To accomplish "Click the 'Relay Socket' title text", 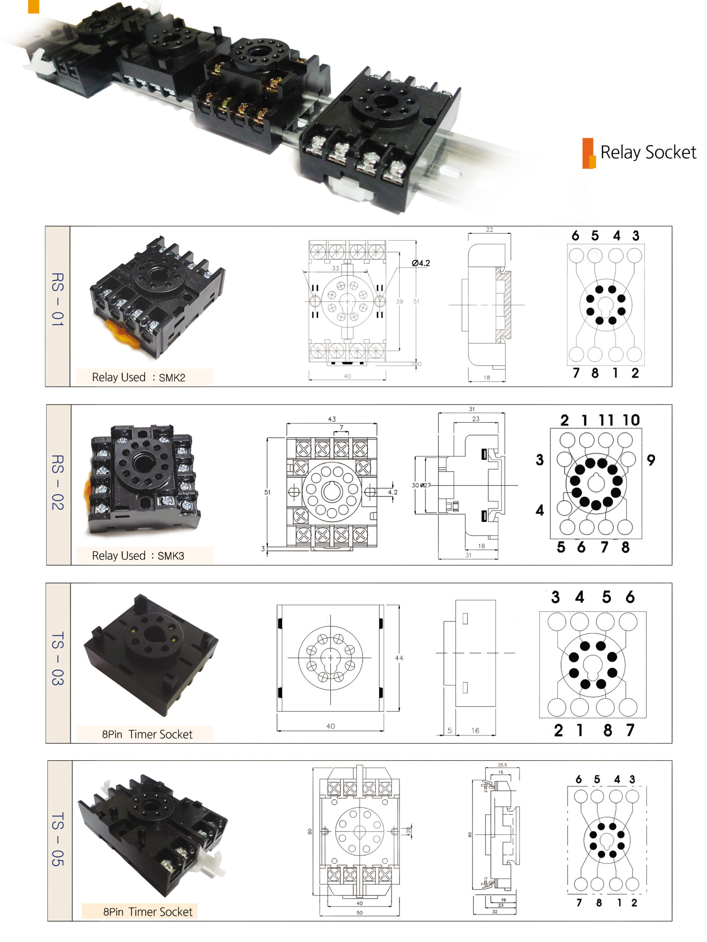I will (x=647, y=152).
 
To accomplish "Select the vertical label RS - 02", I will (x=57, y=482).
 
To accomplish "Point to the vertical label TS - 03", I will (x=57, y=658).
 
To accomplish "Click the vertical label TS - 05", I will (x=57, y=839).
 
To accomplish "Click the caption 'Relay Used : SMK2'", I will (x=138, y=377).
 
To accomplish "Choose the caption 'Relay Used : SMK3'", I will (x=138, y=555).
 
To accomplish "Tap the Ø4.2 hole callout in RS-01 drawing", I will (x=421, y=263).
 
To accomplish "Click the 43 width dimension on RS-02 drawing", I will (x=331, y=419).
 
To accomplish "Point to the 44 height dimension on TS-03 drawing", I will (x=399, y=658).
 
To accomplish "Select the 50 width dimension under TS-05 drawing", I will (x=359, y=913).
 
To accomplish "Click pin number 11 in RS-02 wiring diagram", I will (x=606, y=420).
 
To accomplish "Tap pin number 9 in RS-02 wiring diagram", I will (x=650, y=460).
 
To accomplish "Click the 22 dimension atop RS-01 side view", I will (x=489, y=230).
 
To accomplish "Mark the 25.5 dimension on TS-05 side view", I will (x=502, y=765).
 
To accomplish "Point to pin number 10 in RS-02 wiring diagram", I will (x=631, y=420).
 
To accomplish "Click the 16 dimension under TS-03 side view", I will (x=475, y=731).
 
